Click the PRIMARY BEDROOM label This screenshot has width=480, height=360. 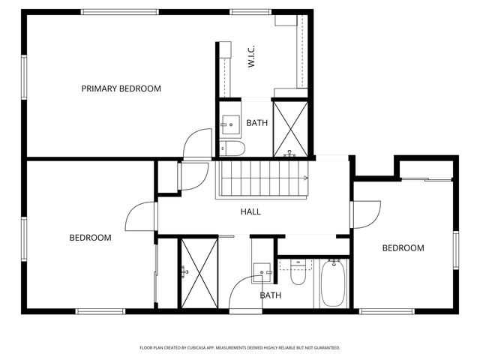[121, 88]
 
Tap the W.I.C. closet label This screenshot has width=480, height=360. [252, 57]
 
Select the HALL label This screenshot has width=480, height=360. [250, 212]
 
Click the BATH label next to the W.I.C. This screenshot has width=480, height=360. [257, 123]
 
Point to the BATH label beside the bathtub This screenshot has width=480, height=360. [271, 295]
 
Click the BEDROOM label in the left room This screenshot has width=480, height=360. [90, 238]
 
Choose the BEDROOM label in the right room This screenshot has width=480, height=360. [403, 248]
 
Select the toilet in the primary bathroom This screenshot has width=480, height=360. [232, 148]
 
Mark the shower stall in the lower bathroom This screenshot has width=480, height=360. [197, 273]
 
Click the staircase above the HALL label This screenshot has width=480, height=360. [262, 178]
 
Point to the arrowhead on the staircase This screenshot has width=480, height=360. [306, 178]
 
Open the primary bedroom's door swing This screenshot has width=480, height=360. [197, 142]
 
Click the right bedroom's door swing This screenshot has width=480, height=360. [367, 214]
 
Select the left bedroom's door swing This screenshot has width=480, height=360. [142, 217]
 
